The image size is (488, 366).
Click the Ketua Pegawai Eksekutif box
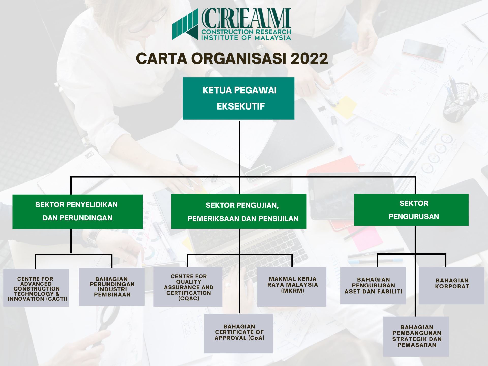point(238,98)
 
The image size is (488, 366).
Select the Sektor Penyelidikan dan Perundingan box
point(78,212)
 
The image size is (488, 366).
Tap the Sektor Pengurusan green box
point(411,210)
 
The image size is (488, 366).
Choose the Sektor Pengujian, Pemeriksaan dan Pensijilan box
point(238,211)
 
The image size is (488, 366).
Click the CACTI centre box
point(36,288)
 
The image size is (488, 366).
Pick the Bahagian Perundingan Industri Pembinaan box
point(112,287)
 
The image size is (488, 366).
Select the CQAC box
point(188,287)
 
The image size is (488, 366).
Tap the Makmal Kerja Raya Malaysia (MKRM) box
point(292,287)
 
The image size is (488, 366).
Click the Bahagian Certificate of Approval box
point(239,333)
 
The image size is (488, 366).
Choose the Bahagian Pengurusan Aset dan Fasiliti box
point(373,286)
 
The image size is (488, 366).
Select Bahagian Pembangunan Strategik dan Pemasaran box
point(416,337)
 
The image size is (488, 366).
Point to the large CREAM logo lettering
point(246,18)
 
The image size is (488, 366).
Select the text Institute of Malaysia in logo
point(246,38)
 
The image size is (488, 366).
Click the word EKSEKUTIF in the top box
point(240,106)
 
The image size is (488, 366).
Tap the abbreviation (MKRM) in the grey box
point(293,291)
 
